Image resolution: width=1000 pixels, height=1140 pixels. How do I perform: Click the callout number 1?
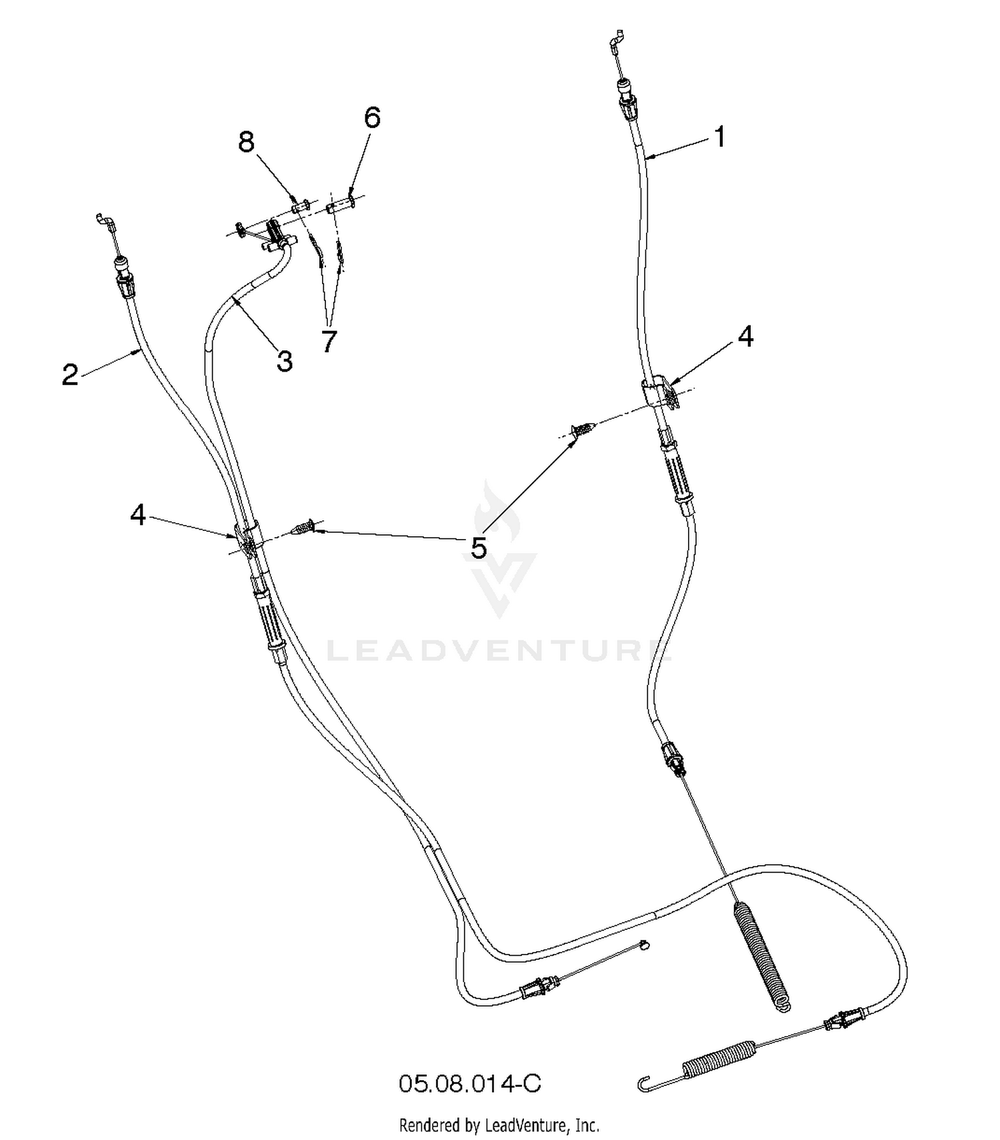(719, 137)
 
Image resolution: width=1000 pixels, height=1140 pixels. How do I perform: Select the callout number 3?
(285, 362)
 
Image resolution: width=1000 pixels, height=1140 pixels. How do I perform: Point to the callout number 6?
(372, 117)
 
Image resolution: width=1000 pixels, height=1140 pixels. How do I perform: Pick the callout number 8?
(247, 141)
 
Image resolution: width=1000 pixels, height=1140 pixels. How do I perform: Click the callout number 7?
(329, 342)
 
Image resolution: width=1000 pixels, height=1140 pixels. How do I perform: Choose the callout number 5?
(479, 548)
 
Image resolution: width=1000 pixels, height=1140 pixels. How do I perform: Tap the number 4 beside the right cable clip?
(746, 337)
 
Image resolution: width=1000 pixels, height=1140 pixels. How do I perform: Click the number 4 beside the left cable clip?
(138, 514)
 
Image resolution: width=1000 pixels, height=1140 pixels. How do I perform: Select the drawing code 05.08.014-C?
(470, 1083)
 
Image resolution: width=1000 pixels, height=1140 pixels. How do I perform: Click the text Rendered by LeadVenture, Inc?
(499, 1126)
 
